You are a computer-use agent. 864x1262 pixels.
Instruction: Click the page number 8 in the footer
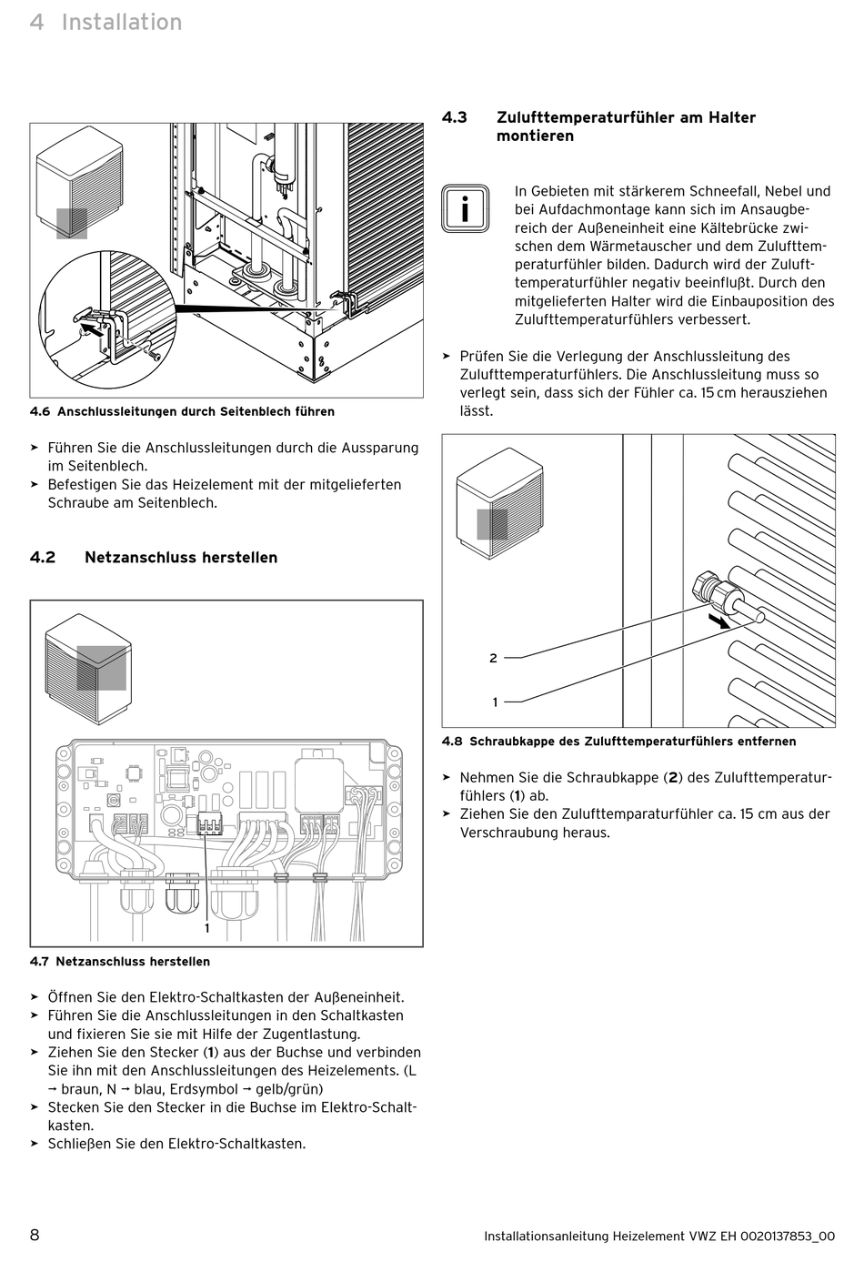pos(35,1235)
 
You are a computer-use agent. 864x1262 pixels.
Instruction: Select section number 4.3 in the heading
pos(455,117)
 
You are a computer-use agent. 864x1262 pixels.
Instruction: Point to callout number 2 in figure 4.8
pos(493,658)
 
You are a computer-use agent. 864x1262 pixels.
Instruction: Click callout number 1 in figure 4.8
pos(495,702)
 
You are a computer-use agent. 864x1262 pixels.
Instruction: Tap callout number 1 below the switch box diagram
pos(206,928)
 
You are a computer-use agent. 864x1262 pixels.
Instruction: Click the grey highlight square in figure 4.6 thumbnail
pos(72,223)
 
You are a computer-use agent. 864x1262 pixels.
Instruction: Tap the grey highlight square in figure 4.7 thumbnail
pos(101,668)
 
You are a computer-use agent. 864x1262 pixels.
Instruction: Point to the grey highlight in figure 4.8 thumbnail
pos(492,524)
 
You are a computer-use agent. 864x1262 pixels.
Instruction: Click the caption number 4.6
pos(39,411)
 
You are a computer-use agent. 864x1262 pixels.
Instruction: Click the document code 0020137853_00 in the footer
pos(788,1236)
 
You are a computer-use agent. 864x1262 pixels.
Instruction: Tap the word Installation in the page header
pos(122,22)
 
